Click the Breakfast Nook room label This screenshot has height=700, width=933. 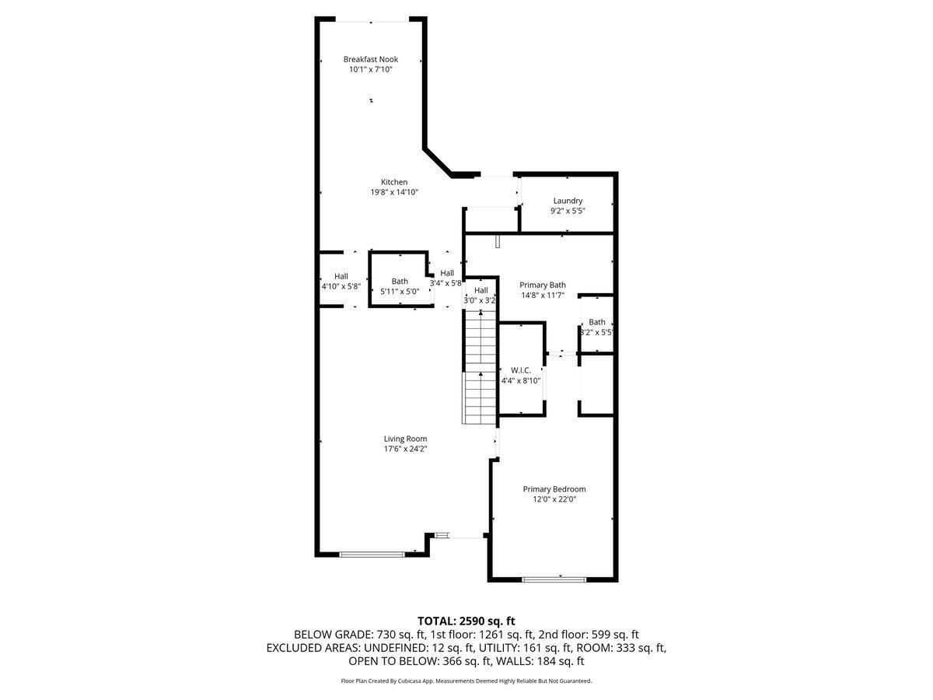pos(371,59)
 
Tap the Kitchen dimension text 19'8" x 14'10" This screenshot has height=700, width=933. pos(394,192)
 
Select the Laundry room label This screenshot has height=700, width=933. pos(568,201)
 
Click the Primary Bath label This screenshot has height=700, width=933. pos(543,285)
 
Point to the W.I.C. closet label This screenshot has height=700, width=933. pos(520,370)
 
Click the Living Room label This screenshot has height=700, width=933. pos(405,439)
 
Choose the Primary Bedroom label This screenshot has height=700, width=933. pos(554,489)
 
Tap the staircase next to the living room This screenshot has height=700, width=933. pos(480,366)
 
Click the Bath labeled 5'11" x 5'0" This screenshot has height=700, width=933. pos(400,282)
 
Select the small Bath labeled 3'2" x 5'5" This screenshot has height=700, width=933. pos(596,322)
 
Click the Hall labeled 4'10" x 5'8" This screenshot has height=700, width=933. pos(341,276)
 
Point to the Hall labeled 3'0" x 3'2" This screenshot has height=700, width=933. pos(480,290)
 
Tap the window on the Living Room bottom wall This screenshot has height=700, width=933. pos(372,554)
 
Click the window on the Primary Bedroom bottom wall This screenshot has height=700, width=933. pos(554,579)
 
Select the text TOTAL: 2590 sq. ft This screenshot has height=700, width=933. pos(466,621)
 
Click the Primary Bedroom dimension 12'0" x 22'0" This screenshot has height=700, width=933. pos(554,499)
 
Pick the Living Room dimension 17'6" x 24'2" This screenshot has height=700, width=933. pos(405,449)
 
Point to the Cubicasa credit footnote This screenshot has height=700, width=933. pos(466,681)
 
